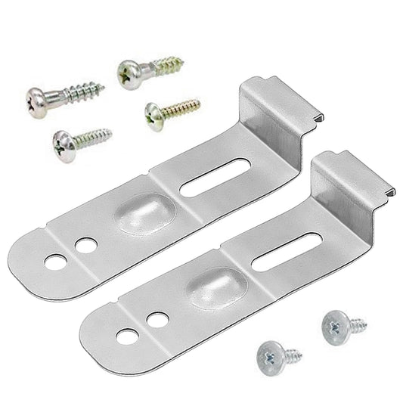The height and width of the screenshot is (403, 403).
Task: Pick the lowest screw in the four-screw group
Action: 82,137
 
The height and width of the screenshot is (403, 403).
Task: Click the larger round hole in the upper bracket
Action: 55,262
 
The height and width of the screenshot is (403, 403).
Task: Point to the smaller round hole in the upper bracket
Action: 86,246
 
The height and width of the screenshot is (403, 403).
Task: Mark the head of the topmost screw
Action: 128,73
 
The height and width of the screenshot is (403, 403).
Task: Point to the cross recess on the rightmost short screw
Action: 332,326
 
